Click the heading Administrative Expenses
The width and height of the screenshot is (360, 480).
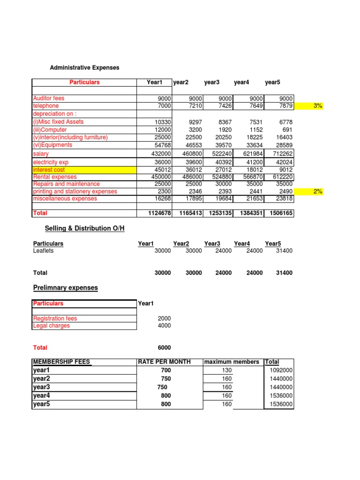click(84, 67)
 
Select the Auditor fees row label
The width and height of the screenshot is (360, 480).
click(49, 98)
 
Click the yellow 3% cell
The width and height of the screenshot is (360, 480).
click(318, 106)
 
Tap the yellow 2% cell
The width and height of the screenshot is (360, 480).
click(318, 191)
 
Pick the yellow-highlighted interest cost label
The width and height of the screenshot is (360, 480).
click(49, 170)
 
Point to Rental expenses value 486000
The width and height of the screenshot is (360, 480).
click(192, 177)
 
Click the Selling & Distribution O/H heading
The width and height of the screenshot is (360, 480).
click(84, 228)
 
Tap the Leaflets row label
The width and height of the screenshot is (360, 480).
click(43, 251)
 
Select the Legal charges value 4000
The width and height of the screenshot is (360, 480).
click(164, 326)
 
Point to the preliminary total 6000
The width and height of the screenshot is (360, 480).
click(164, 348)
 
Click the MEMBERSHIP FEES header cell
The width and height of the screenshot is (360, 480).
click(61, 362)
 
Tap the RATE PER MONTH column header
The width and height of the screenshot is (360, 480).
click(164, 362)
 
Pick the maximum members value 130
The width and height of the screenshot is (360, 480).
click(226, 370)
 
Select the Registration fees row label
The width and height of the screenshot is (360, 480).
click(55, 319)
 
